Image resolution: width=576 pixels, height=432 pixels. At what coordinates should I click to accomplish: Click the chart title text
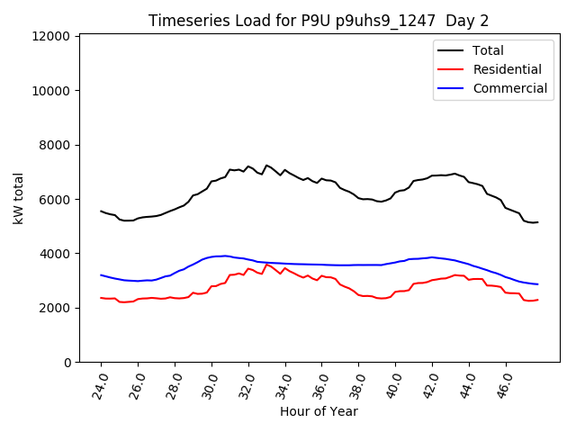(x=319, y=21)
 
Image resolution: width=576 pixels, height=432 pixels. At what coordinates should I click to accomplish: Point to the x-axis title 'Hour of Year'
(x=319, y=411)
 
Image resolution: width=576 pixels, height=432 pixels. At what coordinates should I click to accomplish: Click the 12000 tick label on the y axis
(x=51, y=36)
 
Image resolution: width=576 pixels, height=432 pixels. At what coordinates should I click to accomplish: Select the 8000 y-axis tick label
(x=55, y=145)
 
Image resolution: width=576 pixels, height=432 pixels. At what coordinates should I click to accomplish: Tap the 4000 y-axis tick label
(x=55, y=254)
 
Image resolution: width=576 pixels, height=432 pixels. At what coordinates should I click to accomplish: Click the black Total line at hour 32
(x=248, y=166)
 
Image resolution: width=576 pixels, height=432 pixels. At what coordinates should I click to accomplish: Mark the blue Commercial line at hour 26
(x=138, y=281)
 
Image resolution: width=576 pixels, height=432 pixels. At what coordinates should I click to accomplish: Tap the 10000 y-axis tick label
(x=51, y=91)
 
